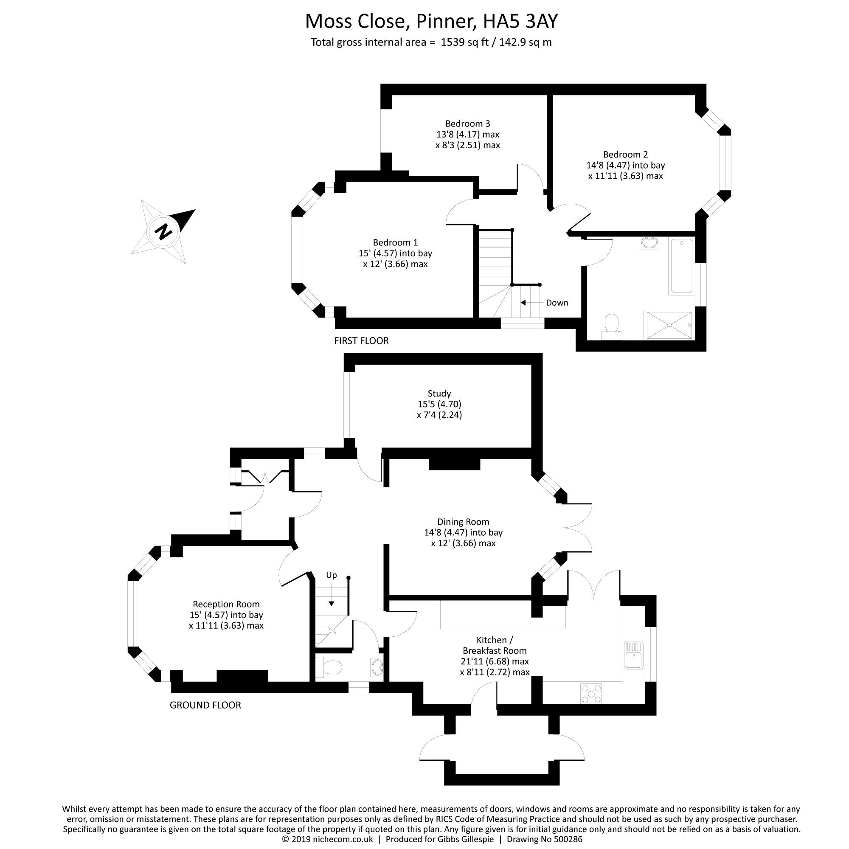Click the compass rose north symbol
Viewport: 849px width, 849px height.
(x=163, y=231)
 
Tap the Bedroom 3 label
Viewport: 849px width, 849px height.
(x=467, y=124)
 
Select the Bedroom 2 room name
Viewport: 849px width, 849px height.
(x=625, y=154)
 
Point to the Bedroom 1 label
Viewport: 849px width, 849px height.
(x=395, y=242)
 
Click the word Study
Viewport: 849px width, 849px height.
(x=439, y=394)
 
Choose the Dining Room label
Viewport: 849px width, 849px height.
(x=463, y=522)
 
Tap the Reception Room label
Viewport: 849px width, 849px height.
(x=226, y=604)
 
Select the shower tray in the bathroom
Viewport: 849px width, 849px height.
(x=669, y=325)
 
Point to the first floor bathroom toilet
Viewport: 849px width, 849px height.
(x=611, y=327)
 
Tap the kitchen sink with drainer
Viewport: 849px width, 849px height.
(x=633, y=655)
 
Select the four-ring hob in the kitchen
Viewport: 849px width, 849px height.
(x=591, y=693)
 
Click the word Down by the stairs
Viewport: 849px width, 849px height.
(x=557, y=303)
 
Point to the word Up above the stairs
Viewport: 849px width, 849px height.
(x=332, y=575)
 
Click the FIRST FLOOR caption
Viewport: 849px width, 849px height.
(x=361, y=340)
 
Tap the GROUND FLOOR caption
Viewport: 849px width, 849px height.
(x=205, y=705)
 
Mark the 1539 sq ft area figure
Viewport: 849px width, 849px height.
(x=464, y=42)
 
